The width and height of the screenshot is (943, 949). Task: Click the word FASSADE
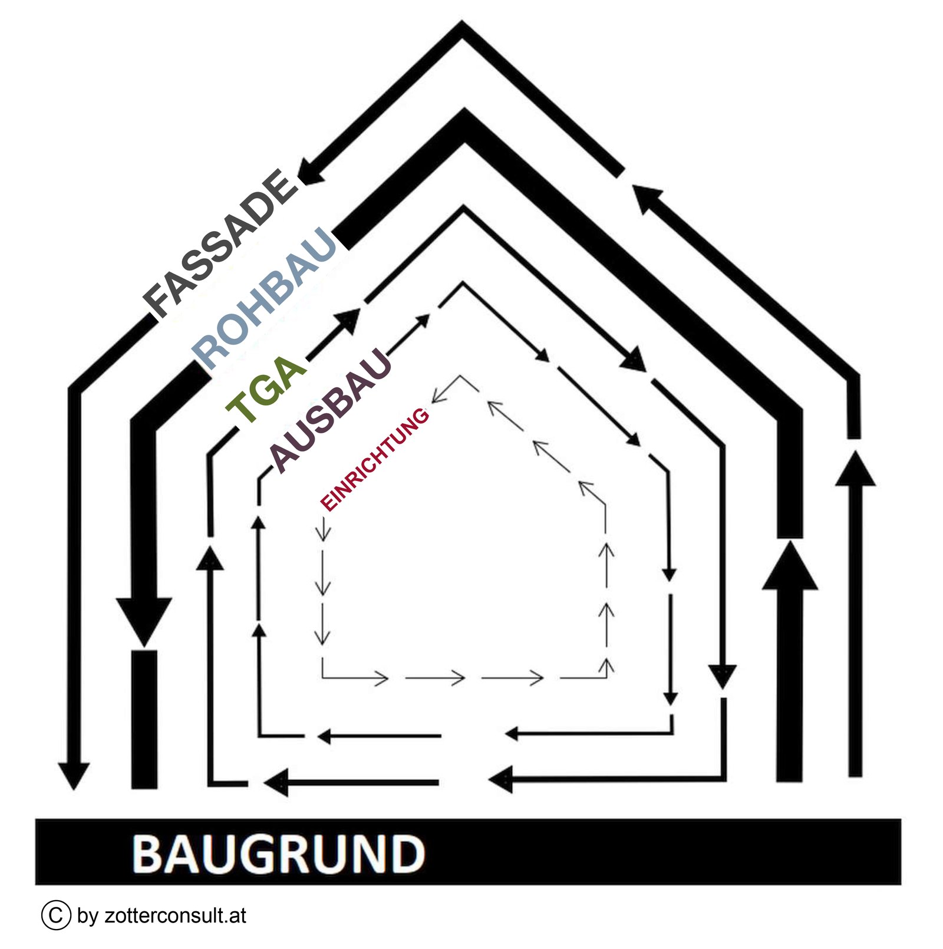[x=221, y=242]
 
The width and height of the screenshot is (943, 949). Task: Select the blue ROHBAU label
[x=265, y=297]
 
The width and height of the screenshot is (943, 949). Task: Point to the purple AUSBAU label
[x=330, y=410]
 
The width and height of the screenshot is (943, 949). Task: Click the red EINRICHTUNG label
[x=374, y=459]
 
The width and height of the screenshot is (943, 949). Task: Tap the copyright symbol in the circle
[x=56, y=915]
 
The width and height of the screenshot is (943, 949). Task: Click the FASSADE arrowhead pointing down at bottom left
[x=74, y=775]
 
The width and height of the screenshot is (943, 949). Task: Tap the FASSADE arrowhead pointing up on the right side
[x=855, y=469]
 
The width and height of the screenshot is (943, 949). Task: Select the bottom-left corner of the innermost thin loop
[x=322, y=677]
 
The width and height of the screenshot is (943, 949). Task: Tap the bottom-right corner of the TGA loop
[x=723, y=778]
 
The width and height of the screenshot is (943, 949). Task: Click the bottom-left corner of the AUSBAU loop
[x=259, y=736]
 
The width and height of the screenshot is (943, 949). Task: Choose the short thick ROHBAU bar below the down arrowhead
[x=144, y=719]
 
